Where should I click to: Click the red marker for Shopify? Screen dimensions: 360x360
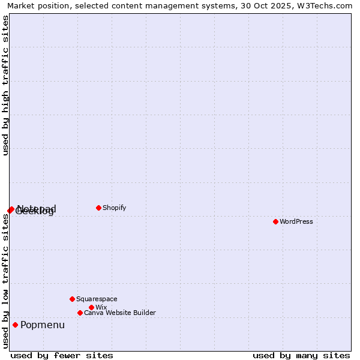point(98,208)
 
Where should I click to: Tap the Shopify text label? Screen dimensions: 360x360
point(115,208)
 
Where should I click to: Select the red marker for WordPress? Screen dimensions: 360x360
point(275,221)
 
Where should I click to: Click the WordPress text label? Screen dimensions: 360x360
point(296,222)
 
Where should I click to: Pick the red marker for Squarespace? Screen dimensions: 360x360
point(72,299)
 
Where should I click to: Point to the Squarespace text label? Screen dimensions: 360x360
point(97,299)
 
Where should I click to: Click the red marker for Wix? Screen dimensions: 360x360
point(91,307)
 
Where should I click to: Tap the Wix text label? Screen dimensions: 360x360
point(101,308)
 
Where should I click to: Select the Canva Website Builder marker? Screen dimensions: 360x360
point(80,313)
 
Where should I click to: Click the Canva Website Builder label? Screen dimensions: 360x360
point(120,313)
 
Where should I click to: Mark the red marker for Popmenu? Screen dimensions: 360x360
point(15,325)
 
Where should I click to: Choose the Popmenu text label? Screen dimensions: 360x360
point(43,325)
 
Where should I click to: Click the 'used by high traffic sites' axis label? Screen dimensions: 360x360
point(5,85)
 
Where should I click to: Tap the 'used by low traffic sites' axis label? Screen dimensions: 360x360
point(5,281)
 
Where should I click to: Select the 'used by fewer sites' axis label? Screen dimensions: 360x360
point(62,355)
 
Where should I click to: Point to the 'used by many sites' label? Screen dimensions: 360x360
point(301,355)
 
